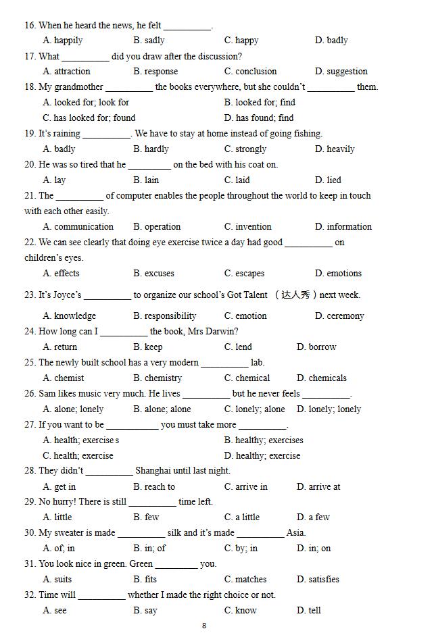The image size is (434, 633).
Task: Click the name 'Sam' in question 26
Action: click(47, 394)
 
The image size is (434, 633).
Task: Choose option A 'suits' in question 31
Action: click(62, 580)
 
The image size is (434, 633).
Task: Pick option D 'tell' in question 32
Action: click(314, 611)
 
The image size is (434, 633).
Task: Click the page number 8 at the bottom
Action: click(204, 626)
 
